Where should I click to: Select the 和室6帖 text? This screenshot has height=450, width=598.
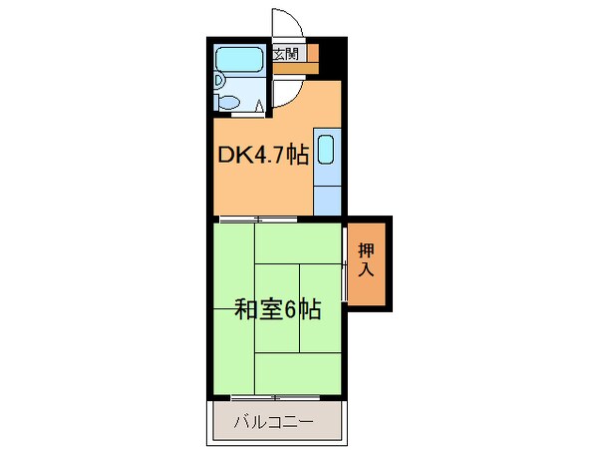coord(277,310)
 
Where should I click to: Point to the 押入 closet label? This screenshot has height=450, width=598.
coord(366,260)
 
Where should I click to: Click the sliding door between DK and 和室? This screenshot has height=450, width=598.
coord(257,219)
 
